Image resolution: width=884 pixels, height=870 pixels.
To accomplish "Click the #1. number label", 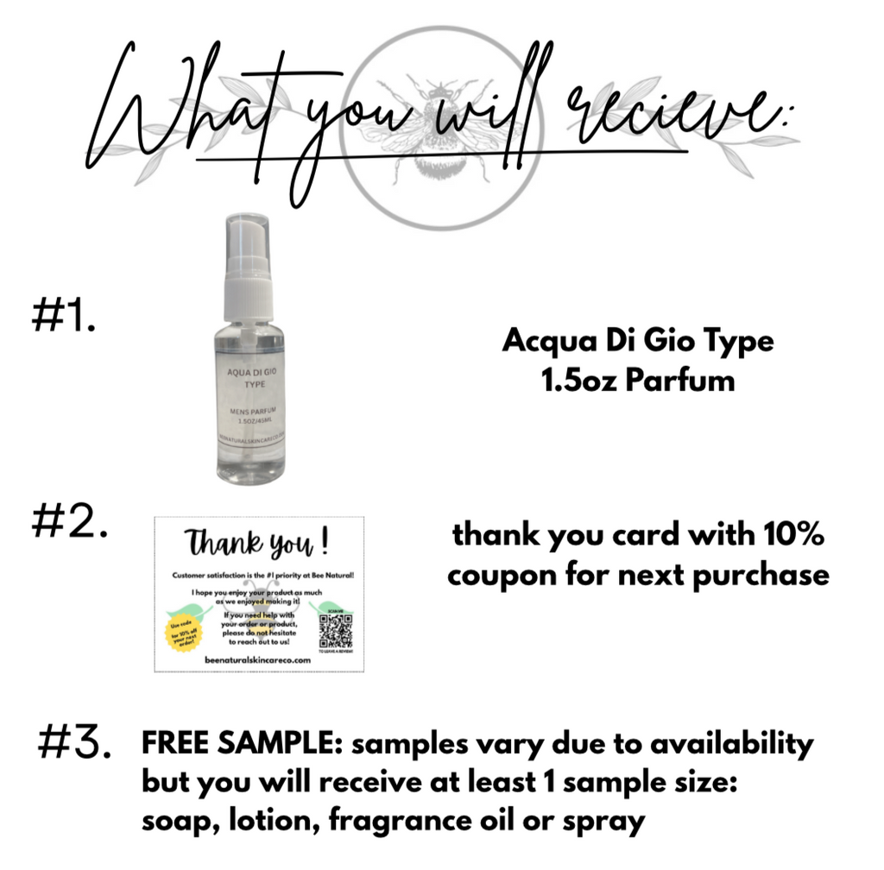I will tap(61, 317).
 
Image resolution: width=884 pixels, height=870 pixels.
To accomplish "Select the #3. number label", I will tap(75, 744).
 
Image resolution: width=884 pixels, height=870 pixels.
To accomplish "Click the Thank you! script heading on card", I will tap(258, 544).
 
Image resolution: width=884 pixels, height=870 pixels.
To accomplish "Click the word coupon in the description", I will tap(504, 574).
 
